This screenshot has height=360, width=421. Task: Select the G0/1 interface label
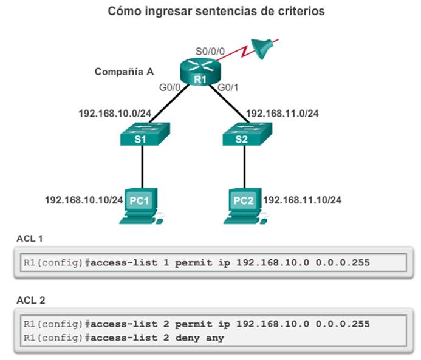click(x=228, y=87)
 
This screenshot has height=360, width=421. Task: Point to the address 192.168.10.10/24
click(x=84, y=199)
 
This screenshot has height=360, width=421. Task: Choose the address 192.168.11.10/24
click(x=299, y=199)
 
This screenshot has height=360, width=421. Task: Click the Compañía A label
click(x=124, y=72)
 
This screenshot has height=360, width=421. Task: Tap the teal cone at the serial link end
click(x=261, y=49)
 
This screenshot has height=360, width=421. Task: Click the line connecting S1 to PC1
click(x=142, y=167)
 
